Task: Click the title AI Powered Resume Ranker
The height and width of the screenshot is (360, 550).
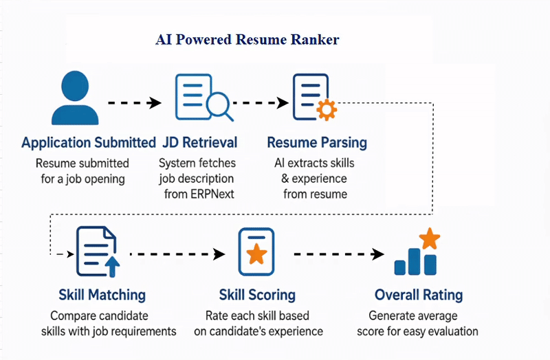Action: [247, 39]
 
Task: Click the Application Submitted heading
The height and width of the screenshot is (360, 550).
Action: [89, 143]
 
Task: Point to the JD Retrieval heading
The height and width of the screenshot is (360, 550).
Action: [199, 143]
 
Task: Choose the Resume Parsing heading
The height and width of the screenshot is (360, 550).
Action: [316, 143]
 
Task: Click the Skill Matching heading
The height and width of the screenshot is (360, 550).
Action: [102, 295]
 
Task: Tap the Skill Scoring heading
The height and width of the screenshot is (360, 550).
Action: [257, 295]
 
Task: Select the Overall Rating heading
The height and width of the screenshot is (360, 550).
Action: [418, 295]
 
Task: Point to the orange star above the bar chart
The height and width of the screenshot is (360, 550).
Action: [429, 239]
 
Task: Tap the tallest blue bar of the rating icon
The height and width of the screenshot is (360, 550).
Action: [415, 258]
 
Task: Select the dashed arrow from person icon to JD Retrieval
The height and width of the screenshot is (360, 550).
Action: [134, 103]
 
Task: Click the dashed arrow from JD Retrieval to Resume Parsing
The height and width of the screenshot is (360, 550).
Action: [258, 103]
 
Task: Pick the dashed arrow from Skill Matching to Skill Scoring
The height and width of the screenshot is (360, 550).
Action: [177, 254]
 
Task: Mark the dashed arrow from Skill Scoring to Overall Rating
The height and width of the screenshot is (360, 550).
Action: [330, 254]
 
